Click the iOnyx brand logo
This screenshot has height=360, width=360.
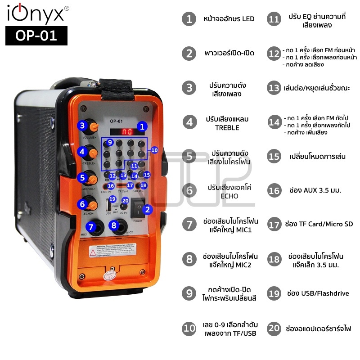point(36,13)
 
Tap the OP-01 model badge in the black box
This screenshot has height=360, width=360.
point(36,36)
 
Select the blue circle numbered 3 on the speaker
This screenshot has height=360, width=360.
point(82,126)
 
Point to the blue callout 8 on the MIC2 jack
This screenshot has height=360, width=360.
point(114,225)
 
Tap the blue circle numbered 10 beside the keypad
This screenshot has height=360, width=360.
point(154,150)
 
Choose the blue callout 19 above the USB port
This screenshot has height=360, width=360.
point(112,199)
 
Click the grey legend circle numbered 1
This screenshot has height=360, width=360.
point(189,19)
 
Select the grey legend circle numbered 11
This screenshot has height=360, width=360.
point(274,19)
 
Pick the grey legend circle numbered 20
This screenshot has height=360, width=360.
point(274,328)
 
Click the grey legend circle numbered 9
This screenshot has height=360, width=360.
point(189,293)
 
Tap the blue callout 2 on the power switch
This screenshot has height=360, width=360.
point(147,209)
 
